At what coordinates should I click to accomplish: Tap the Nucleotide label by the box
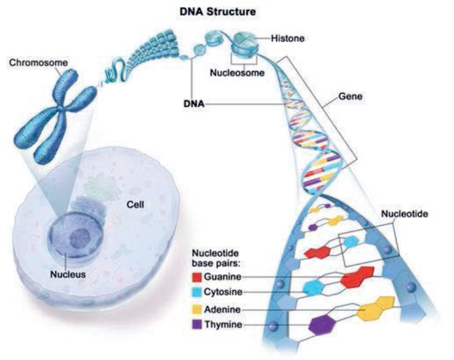404,214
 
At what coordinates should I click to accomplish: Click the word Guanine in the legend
225,278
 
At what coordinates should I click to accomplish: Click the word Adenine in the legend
224,309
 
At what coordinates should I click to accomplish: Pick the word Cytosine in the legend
226,293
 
